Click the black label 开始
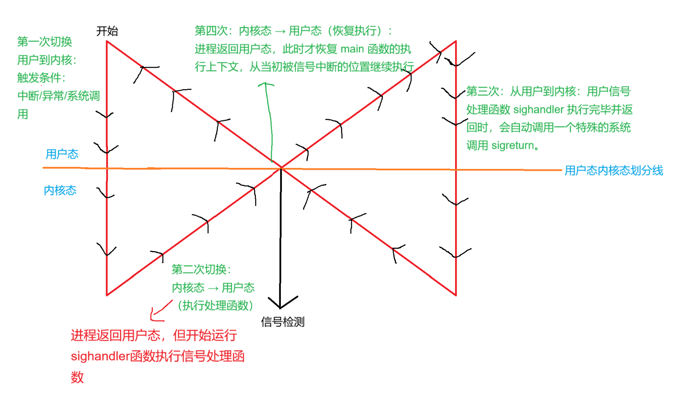(x=107, y=31)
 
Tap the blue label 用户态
(x=62, y=154)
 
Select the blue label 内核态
(x=60, y=190)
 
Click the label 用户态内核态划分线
(x=614, y=171)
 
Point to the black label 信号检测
(x=282, y=322)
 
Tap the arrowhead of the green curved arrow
(x=265, y=84)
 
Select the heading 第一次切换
(x=44, y=41)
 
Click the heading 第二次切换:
(x=201, y=269)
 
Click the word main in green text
(x=352, y=49)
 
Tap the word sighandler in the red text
(x=100, y=356)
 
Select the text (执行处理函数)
(x=215, y=305)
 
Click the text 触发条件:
(x=41, y=78)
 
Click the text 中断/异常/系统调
(x=58, y=96)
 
